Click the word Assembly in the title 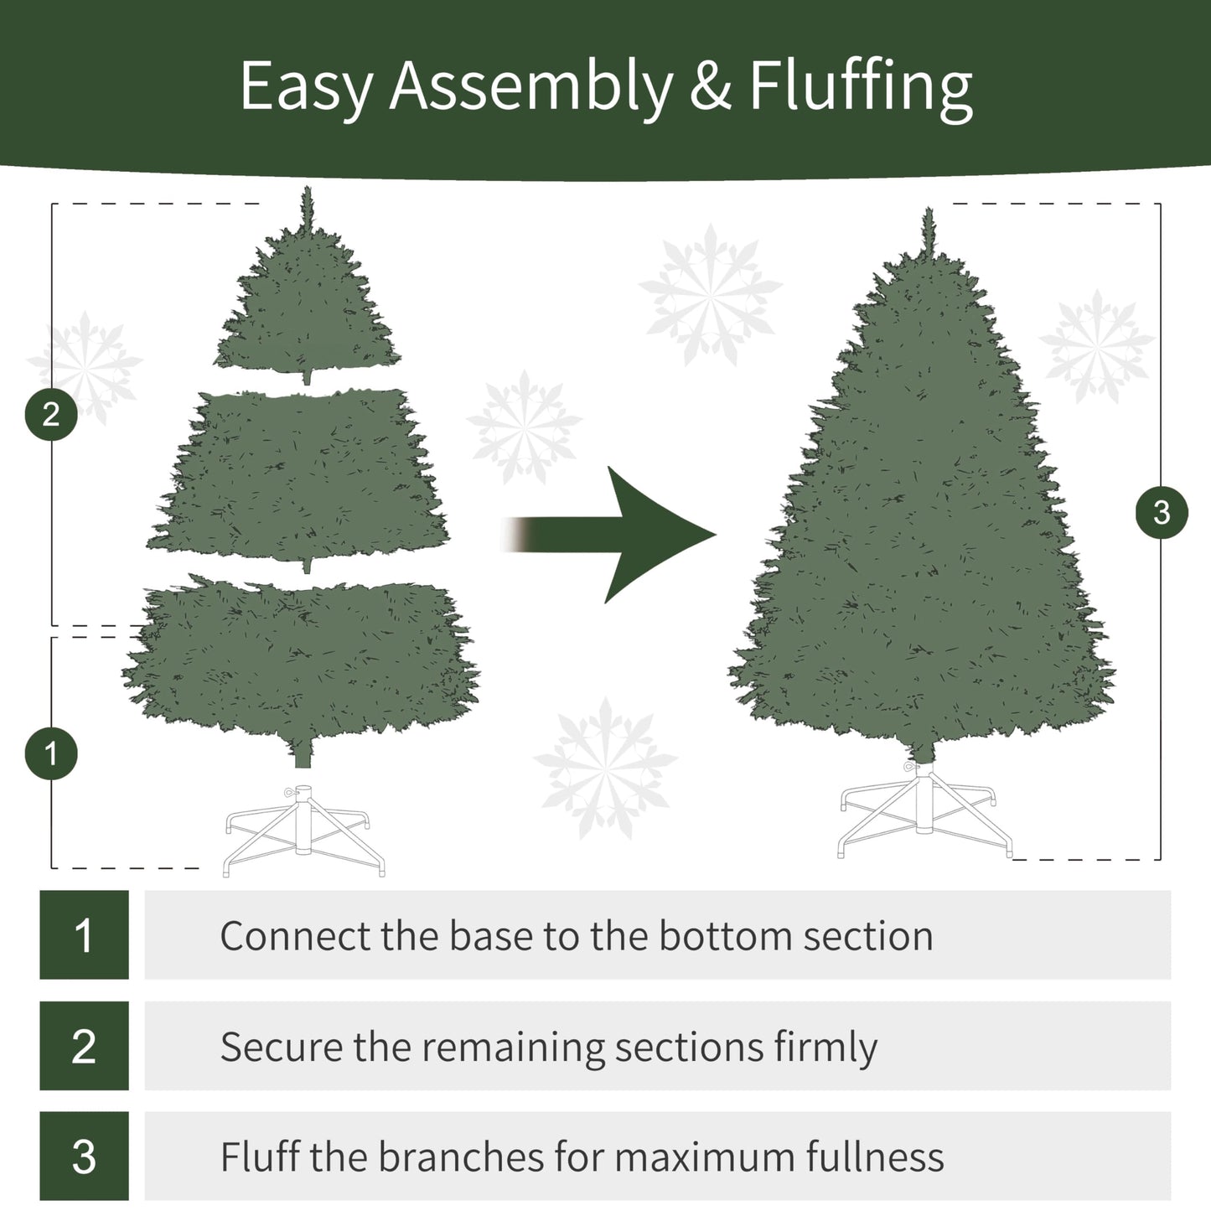tap(530, 87)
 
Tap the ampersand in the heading tap(711, 87)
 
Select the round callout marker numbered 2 tap(51, 414)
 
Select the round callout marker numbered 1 tap(51, 753)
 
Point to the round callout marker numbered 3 tap(1161, 512)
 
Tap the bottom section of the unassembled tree tap(302, 662)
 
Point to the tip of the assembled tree tap(928, 222)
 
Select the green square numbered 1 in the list tap(84, 934)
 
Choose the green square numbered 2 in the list tap(84, 1045)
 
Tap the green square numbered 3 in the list tap(84, 1156)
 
